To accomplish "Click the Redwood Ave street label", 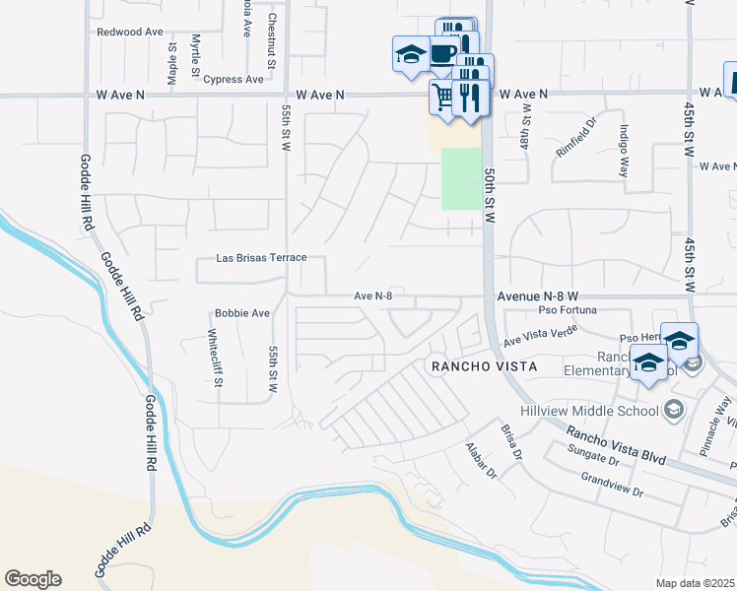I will click(129, 32).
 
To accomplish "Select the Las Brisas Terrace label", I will click(261, 258).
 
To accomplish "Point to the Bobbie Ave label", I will click(242, 313).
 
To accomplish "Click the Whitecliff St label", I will click(214, 352).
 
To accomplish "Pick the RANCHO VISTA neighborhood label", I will click(483, 366).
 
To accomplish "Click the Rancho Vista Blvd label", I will click(616, 444).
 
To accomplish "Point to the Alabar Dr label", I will click(484, 460).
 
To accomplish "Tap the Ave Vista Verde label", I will click(539, 338).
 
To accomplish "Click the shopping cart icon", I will click(442, 97).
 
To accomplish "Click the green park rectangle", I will click(460, 178).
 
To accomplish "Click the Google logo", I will click(33, 579).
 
